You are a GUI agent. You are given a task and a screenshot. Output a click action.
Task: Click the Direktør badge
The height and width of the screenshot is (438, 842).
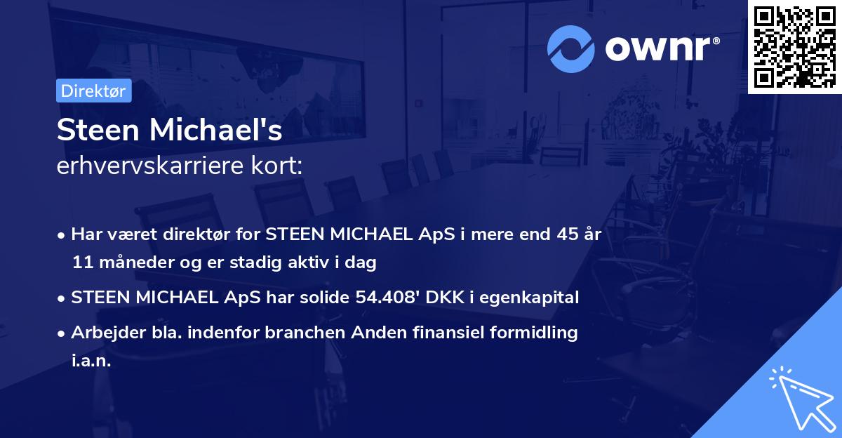[93, 91]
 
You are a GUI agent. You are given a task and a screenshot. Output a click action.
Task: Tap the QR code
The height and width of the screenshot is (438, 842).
[794, 46]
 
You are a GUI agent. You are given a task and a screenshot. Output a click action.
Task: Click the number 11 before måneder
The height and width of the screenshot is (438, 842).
[81, 263]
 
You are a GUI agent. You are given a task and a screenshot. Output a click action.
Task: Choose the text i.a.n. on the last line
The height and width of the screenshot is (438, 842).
[91, 361]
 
